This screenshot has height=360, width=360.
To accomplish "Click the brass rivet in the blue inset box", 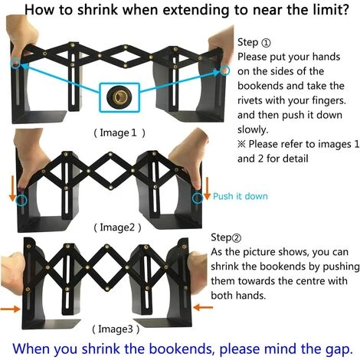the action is tap(119, 97).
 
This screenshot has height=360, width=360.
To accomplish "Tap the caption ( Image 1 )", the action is tap(119, 133).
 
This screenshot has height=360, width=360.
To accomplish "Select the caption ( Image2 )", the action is tap(117, 227).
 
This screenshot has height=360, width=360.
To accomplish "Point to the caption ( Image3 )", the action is tap(116, 329).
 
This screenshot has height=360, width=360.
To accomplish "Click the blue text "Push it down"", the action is tap(241, 196).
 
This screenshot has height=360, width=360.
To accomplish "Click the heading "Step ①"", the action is tap(254, 42).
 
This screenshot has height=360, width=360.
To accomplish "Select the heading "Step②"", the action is tap(226, 237).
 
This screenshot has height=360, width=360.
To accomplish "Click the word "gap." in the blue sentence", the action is tap(338, 349).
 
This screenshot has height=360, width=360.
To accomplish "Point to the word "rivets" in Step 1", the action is tap(250, 100).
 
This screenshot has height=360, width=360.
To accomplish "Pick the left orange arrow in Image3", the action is tap(10, 309).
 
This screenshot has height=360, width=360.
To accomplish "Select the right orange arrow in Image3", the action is tap(203, 307).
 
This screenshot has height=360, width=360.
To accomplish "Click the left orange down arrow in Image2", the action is tap(12, 188).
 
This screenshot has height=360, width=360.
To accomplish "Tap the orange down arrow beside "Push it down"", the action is tap(207, 188).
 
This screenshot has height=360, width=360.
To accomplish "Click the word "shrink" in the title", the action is tap(97, 10).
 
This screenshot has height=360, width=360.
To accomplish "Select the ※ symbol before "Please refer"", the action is tap(241, 144).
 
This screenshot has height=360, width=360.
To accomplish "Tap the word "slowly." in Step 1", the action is tap(253, 129).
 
